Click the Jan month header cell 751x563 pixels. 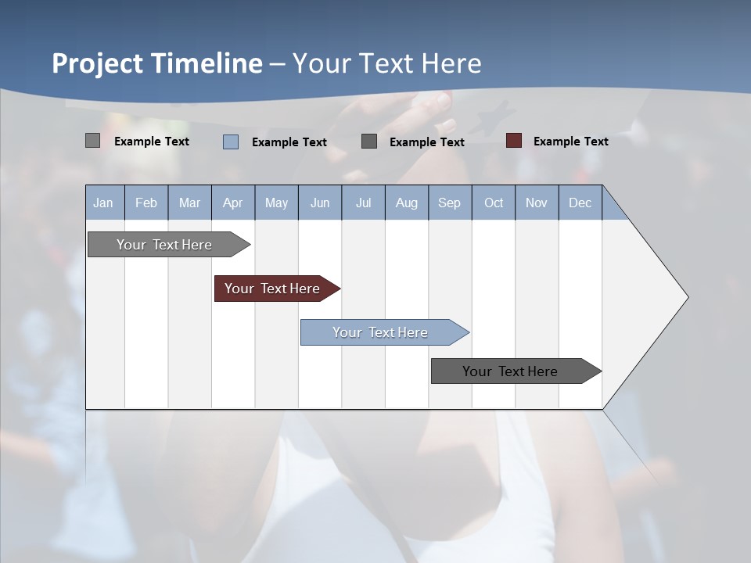tap(103, 203)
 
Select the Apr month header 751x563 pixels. tap(232, 203)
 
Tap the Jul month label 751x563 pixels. tap(363, 203)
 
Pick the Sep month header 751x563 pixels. tap(449, 203)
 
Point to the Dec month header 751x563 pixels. tap(580, 203)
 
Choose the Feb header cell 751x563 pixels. tap(146, 203)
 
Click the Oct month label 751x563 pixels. tap(494, 203)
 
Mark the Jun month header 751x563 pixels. tap(320, 203)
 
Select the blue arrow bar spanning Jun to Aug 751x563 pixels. tap(382, 332)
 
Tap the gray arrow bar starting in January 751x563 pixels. tap(167, 245)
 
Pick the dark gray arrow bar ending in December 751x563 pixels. tap(513, 371)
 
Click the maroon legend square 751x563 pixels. tap(514, 141)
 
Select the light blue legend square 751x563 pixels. tap(231, 142)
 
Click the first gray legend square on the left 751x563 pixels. tap(92, 141)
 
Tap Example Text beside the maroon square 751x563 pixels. tap(570, 142)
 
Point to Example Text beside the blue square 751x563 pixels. tap(289, 142)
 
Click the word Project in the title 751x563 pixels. tap(98, 63)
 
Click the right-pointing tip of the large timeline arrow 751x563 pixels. tap(685, 297)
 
